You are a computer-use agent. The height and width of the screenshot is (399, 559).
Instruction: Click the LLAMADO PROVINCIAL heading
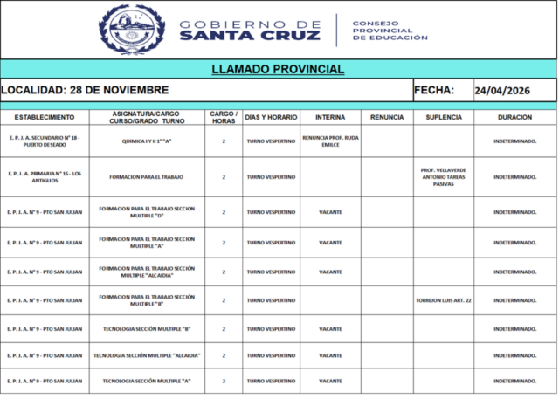pos(278,69)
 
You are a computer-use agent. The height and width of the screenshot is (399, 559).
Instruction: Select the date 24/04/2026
pos(502,90)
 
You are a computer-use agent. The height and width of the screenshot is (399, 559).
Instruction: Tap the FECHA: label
pos(433,90)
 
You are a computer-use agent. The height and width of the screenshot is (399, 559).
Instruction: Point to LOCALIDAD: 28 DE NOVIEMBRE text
pos(85,90)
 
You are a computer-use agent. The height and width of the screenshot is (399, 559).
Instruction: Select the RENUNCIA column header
pos(386,117)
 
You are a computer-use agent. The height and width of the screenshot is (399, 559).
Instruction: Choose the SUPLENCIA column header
pos(444,117)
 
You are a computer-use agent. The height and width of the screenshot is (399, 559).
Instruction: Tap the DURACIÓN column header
pos(514,117)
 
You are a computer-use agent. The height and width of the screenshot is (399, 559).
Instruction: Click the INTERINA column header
pos(329,117)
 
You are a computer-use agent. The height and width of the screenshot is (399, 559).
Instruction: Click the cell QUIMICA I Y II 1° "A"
pos(146,141)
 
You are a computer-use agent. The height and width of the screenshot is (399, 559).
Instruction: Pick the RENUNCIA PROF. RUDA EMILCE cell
pos(330,141)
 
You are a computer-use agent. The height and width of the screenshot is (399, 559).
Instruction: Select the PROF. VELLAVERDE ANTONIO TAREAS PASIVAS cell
pos(444,176)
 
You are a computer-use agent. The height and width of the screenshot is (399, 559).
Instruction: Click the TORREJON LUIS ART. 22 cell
pos(444,300)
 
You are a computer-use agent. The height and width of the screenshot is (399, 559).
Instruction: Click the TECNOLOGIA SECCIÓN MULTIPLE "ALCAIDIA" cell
pos(146,355)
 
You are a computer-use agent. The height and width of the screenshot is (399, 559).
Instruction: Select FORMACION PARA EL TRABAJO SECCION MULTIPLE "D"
pos(146,212)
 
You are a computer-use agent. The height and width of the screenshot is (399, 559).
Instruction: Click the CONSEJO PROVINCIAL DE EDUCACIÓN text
pos(390,31)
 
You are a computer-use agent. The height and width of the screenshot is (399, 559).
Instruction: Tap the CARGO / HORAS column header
pos(224,117)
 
